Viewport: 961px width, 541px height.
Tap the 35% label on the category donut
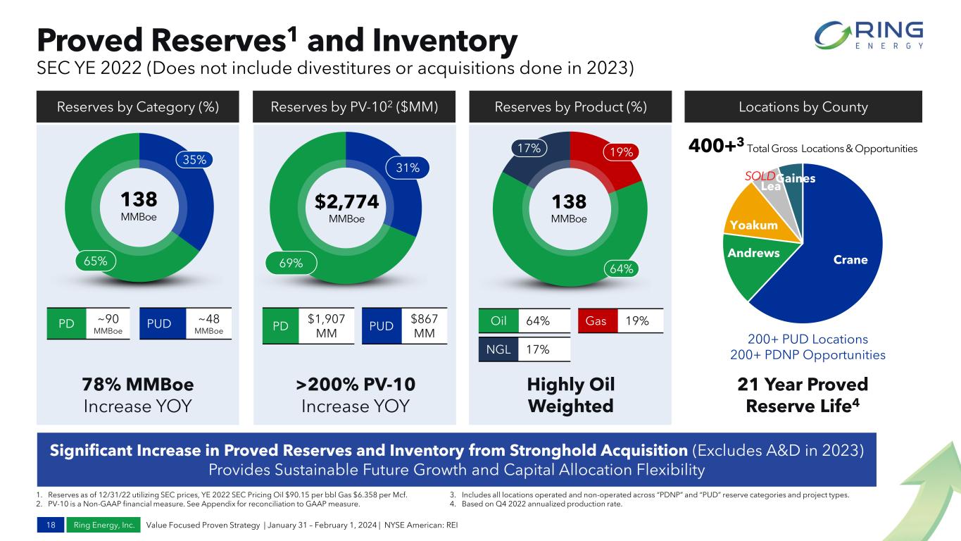coord(194,159)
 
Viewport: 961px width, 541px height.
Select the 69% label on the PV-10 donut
coord(291,263)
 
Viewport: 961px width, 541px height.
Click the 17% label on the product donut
coord(529,149)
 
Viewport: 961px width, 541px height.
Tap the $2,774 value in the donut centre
coord(346,202)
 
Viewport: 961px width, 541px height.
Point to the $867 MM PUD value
coord(424,325)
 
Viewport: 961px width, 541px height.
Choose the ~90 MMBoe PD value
coord(108,323)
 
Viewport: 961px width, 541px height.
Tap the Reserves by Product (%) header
coord(570,107)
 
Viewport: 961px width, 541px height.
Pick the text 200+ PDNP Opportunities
coord(808,355)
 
